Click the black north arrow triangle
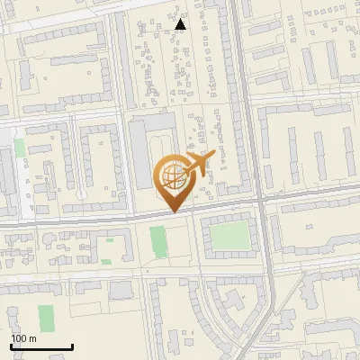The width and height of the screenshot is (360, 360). pyautogui.click(x=181, y=23)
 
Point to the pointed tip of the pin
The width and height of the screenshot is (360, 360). pyautogui.click(x=173, y=212)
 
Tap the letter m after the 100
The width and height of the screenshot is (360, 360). pyautogui.click(x=32, y=338)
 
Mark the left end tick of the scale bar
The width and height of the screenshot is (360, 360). pyautogui.click(x=11, y=346)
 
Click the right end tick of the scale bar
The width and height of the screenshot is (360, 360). pyautogui.click(x=72, y=346)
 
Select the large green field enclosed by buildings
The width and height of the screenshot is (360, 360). pyautogui.click(x=230, y=238)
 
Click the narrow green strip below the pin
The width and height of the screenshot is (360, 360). pyautogui.click(x=158, y=241)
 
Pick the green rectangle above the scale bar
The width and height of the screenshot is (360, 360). pyautogui.click(x=46, y=316)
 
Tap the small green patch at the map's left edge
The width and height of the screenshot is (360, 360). pyautogui.click(x=20, y=148)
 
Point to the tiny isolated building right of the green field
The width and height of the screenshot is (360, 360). pyautogui.click(x=270, y=236)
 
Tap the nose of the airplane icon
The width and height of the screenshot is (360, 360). pyautogui.click(x=214, y=156)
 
